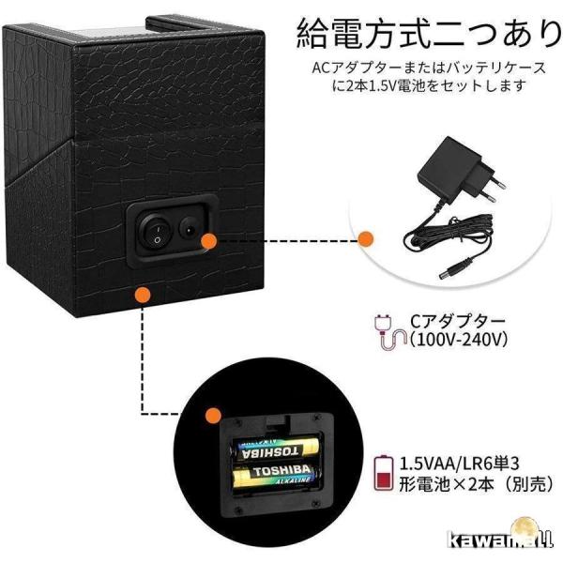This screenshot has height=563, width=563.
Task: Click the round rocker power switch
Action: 156,231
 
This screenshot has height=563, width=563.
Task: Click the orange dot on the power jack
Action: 208,241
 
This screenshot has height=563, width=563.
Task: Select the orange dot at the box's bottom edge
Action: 143,294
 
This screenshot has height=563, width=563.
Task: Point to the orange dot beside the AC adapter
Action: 366,238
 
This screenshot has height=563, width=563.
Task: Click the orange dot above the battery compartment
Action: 213,416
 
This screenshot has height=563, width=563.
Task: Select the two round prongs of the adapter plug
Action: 491,190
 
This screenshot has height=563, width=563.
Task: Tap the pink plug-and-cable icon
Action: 389,330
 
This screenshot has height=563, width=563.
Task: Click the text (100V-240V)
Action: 459,339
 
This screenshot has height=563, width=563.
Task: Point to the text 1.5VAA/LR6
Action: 443,464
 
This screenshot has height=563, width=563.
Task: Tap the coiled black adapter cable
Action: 449,234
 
